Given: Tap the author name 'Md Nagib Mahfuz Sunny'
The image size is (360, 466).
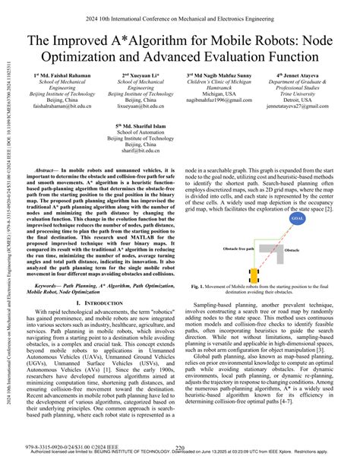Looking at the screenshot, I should [x=219, y=76].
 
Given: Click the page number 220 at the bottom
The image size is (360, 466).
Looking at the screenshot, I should [x=180, y=449].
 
